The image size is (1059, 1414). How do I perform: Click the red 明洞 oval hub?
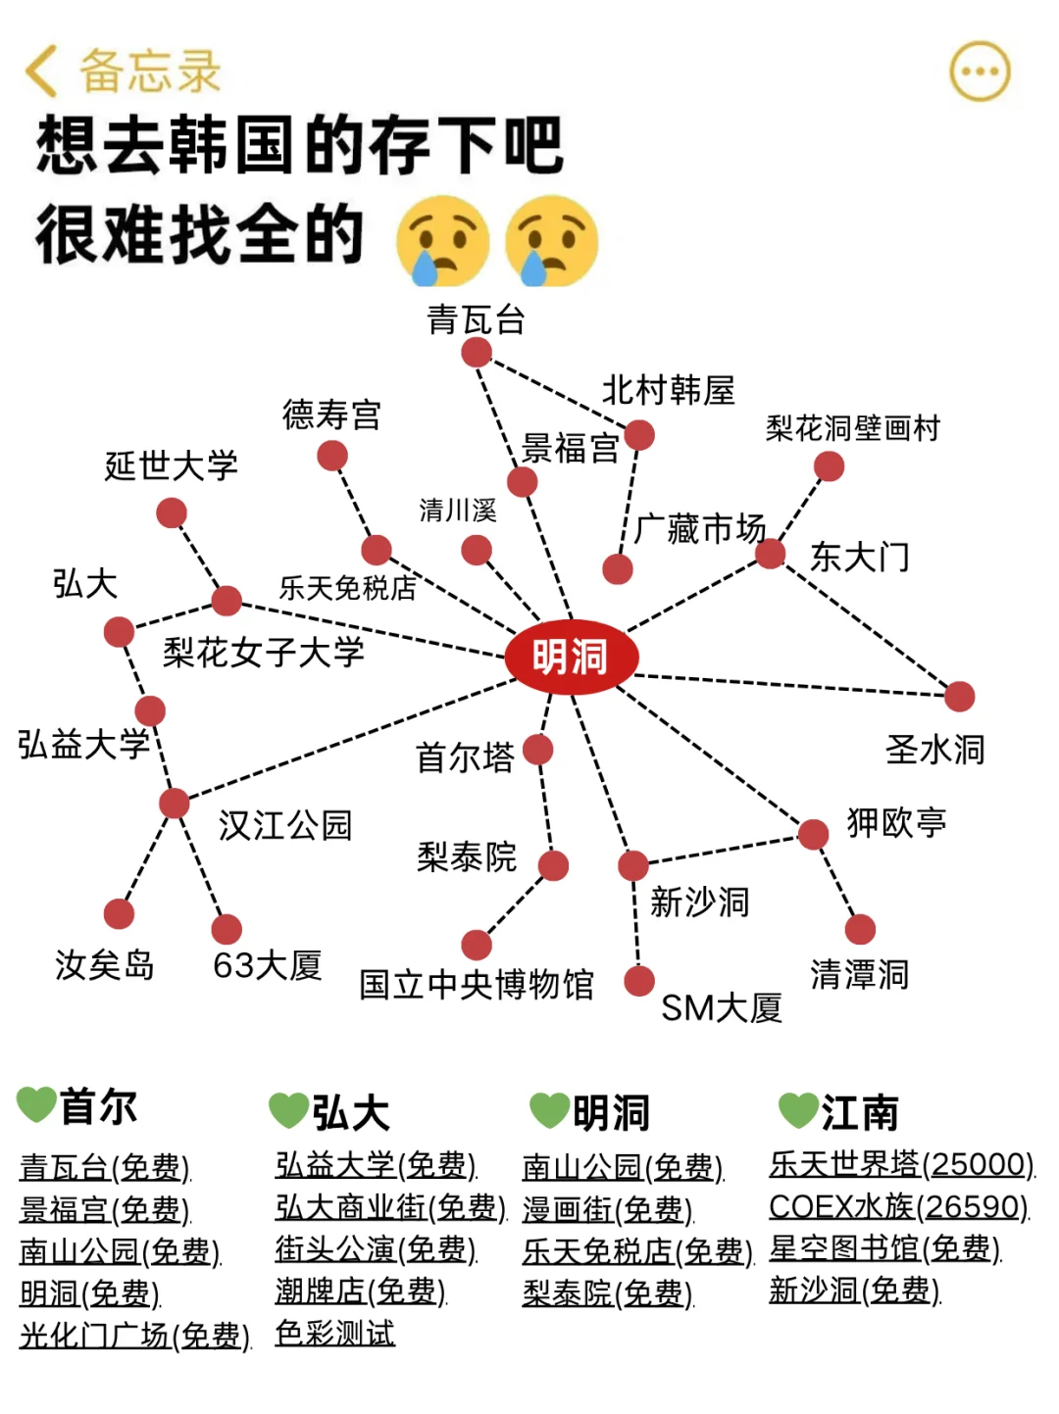click(x=571, y=657)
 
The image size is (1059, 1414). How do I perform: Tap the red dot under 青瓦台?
click(x=477, y=352)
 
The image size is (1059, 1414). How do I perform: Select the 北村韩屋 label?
click(x=668, y=390)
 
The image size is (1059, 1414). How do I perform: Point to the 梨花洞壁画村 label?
click(x=852, y=428)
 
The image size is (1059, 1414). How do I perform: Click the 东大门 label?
click(x=860, y=558)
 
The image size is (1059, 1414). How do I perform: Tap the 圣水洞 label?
click(x=934, y=750)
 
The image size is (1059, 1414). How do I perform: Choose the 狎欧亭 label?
click(x=896, y=822)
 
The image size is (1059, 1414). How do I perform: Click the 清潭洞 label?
click(x=859, y=975)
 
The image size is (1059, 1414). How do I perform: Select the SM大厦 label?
click(x=722, y=1007)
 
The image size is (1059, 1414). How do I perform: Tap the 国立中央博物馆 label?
click(x=477, y=984)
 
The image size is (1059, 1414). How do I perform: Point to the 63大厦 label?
click(x=268, y=965)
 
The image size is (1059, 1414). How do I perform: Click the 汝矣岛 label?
click(x=105, y=965)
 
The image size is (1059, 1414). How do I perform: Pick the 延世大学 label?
click(x=172, y=465)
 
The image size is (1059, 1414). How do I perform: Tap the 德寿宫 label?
click(x=331, y=414)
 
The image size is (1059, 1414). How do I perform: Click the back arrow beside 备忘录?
click(x=41, y=72)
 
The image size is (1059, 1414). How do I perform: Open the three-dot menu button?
click(x=980, y=72)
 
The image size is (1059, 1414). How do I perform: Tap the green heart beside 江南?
click(x=798, y=1110)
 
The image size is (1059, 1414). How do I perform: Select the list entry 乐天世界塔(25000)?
click(x=902, y=1164)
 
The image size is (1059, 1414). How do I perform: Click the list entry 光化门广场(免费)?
click(x=135, y=1335)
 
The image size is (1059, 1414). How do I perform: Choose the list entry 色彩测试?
click(x=335, y=1333)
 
